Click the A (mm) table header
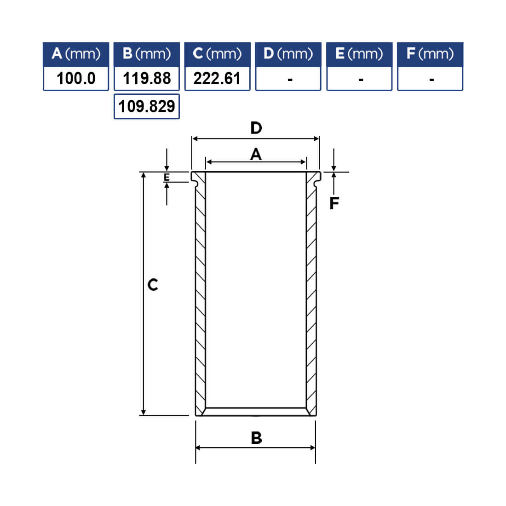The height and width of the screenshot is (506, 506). point(76,54)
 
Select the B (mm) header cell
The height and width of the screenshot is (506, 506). point(146,54)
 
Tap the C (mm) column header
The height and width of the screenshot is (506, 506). point(217,54)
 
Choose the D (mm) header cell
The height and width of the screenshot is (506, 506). point(288,54)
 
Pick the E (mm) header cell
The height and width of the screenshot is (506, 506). point(359,54)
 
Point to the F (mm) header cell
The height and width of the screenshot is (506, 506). point(430,54)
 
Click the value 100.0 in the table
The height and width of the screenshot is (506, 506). point(76,79)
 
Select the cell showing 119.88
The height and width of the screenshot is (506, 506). point(146,79)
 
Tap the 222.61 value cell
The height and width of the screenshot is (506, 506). point(217,79)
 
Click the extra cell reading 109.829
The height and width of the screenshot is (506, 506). point(146,107)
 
